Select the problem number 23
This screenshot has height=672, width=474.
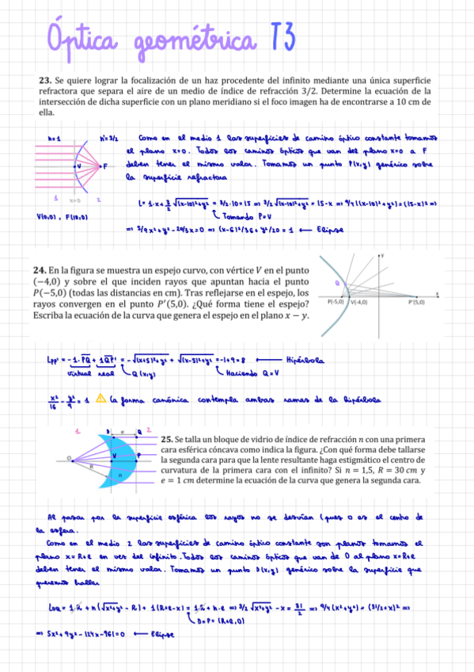tap(44, 81)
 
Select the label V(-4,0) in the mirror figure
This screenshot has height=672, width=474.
tap(362, 303)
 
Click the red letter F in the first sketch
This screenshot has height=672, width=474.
tap(105, 166)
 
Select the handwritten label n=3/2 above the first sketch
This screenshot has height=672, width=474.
tap(108, 138)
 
